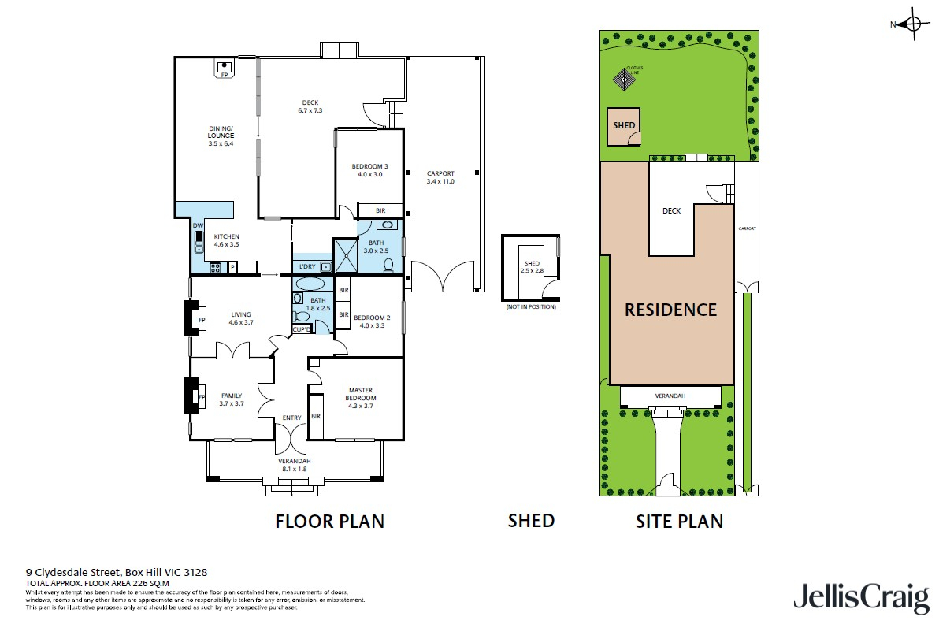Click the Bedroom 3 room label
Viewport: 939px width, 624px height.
[369, 170]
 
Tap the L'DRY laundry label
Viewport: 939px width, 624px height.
[306, 266]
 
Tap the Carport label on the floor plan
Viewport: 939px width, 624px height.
[440, 177]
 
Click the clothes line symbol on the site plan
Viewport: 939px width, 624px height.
[625, 78]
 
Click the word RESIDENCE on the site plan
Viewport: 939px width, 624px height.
[670, 310]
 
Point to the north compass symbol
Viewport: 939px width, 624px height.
[912, 24]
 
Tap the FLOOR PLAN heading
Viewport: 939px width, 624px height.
[329, 521]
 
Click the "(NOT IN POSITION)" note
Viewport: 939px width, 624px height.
[530, 306]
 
